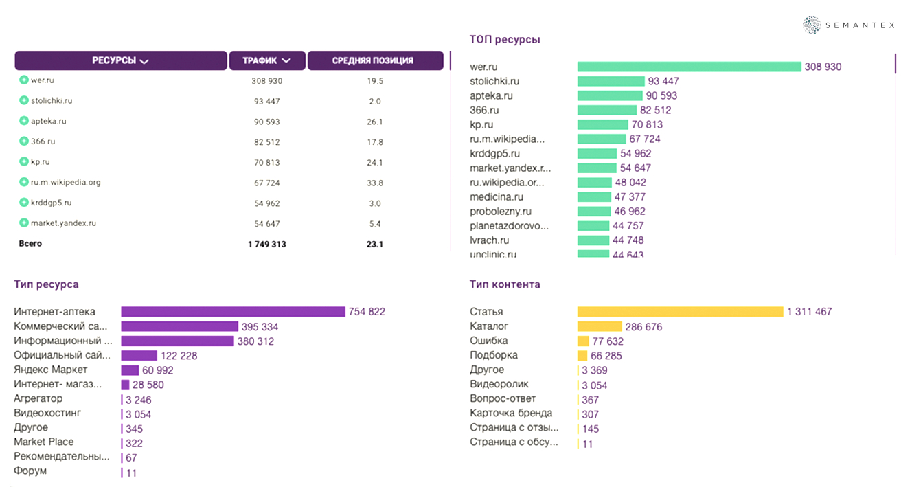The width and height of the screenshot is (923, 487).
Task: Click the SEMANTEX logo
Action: click(x=849, y=25)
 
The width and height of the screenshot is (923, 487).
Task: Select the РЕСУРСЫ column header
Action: click(x=121, y=60)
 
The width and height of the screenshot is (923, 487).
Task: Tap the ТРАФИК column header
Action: click(x=266, y=60)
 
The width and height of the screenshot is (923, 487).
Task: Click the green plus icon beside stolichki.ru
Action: click(x=24, y=101)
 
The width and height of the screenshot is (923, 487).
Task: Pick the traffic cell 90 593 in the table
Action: click(x=266, y=122)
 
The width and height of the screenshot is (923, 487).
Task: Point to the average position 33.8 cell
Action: click(x=375, y=183)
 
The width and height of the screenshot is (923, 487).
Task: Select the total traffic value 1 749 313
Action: click(x=266, y=244)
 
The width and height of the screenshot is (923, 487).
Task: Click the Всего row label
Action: click(x=30, y=243)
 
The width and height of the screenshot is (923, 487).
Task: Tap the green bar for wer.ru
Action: click(x=689, y=67)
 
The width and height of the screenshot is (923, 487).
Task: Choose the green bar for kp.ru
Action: click(x=602, y=124)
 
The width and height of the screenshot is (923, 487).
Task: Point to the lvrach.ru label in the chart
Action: click(x=489, y=240)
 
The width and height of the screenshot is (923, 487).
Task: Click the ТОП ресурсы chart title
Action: click(x=505, y=39)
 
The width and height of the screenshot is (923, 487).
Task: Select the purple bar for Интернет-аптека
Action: click(x=233, y=312)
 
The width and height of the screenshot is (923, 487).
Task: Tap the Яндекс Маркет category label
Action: click(x=51, y=370)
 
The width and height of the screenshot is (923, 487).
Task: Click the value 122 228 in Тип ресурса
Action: click(x=179, y=356)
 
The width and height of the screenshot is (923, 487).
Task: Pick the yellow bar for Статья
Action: click(x=680, y=312)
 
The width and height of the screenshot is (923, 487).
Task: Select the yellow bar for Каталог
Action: click(x=600, y=326)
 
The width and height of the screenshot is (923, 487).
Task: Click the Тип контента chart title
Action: click(x=505, y=284)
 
